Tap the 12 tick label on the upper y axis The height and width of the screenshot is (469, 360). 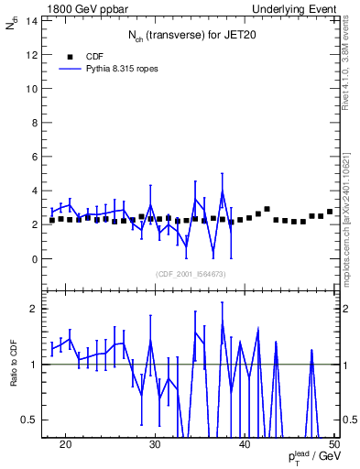coord(34,54)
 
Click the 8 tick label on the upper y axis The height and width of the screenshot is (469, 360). coord(37,123)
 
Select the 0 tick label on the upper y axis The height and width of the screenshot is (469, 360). coord(37,259)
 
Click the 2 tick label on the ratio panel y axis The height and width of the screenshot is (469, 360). coord(37,309)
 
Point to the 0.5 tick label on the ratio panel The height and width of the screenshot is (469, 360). coord(31,420)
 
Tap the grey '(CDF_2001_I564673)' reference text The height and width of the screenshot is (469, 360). coord(191,274)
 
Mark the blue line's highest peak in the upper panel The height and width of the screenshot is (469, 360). coord(222,191)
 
